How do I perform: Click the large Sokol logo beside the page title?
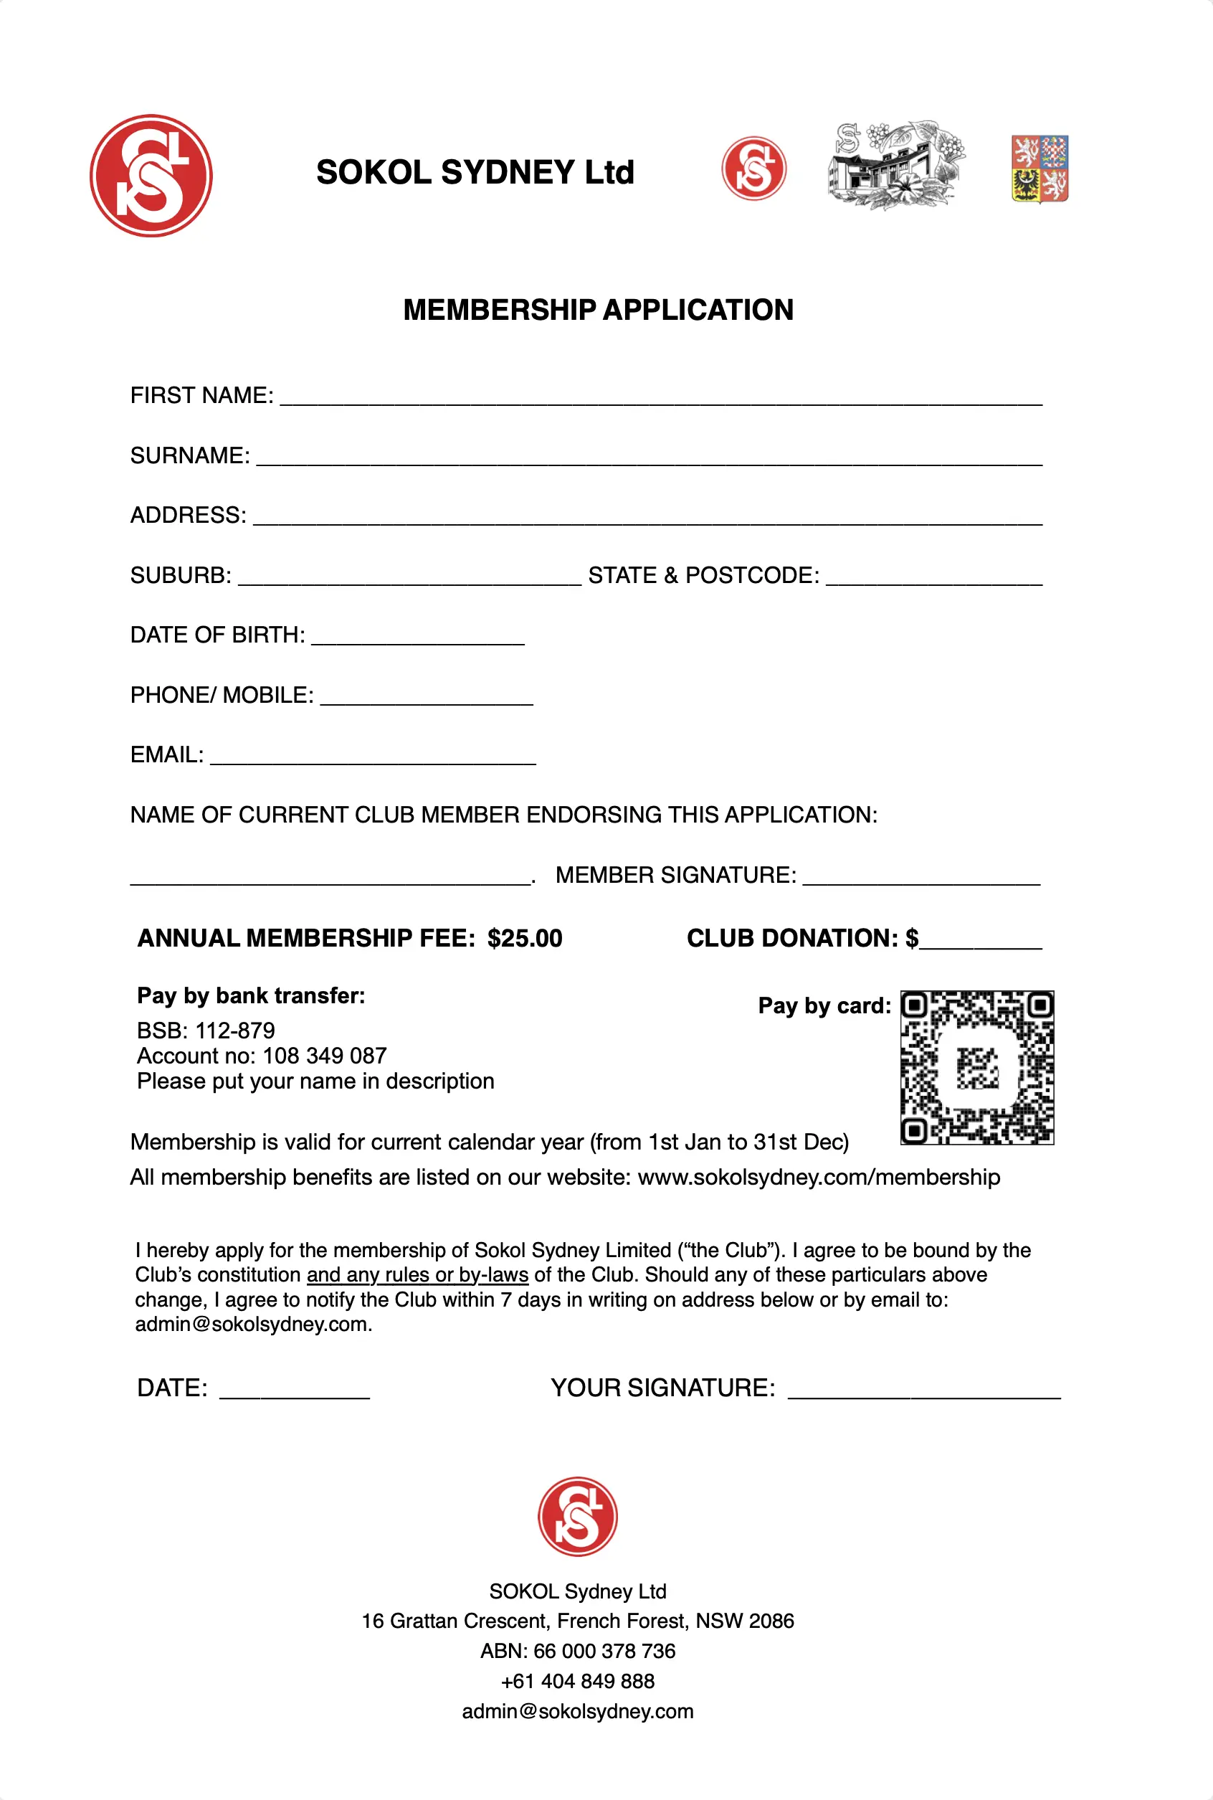(151, 176)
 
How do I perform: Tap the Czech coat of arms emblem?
(1040, 168)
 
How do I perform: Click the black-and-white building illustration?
(895, 165)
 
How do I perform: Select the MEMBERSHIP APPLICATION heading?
(598, 310)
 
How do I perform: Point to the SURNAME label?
(189, 455)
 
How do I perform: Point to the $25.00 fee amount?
(525, 938)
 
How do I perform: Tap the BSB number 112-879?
(235, 1030)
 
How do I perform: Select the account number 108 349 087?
(324, 1056)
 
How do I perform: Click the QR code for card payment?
(976, 1067)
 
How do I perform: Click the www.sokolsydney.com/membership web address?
(819, 1177)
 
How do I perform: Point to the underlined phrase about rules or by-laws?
(417, 1274)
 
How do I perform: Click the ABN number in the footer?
(604, 1651)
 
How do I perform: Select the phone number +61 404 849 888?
(577, 1681)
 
